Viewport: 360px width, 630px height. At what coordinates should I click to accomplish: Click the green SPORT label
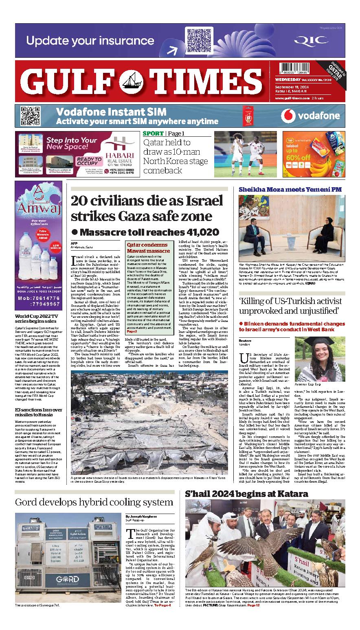coord(153,133)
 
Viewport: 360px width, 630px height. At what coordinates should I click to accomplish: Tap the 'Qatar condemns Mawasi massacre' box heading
coord(148,248)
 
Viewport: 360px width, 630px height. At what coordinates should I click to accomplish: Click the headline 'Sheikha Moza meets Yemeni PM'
coord(290,190)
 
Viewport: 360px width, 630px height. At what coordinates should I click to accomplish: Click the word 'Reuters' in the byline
coord(245,341)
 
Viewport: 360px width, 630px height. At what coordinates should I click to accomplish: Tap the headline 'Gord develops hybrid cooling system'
coord(94,502)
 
